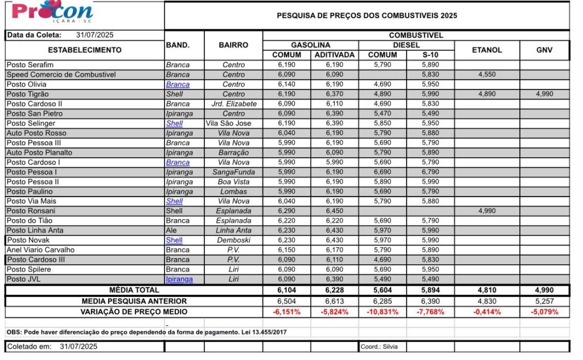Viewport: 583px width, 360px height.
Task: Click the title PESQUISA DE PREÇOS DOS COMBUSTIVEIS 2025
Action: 367,16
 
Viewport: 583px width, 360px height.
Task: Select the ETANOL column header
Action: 487,50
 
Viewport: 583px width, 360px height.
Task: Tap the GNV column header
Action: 544,50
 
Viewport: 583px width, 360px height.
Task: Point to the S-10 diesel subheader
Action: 430,55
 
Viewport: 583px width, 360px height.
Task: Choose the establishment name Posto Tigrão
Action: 27,94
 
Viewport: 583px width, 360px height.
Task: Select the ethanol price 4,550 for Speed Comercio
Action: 487,75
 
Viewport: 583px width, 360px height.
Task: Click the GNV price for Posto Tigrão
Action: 544,94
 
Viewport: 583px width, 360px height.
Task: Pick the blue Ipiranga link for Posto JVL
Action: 179,279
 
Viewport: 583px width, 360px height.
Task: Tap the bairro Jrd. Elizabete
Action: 233,104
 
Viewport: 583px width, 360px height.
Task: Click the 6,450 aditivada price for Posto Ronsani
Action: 335,211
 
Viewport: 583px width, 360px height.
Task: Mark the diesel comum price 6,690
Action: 383,172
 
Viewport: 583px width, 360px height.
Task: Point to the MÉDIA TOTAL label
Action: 134,291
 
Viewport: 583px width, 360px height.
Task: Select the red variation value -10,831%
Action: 383,312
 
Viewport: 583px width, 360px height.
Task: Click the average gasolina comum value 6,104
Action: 286,291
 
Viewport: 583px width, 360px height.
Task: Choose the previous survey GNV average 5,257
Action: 544,301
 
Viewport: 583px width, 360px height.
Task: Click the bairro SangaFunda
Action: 233,172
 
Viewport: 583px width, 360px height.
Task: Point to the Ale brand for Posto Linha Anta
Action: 172,230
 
